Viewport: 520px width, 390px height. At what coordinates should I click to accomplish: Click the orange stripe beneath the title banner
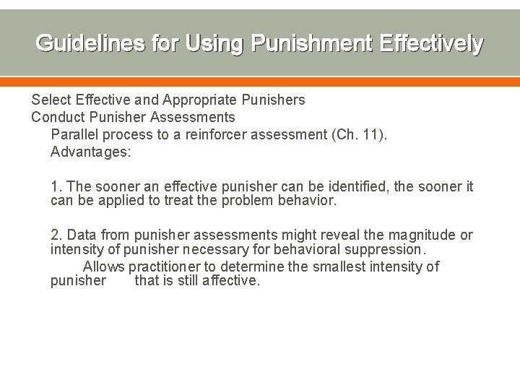pos(260,81)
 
